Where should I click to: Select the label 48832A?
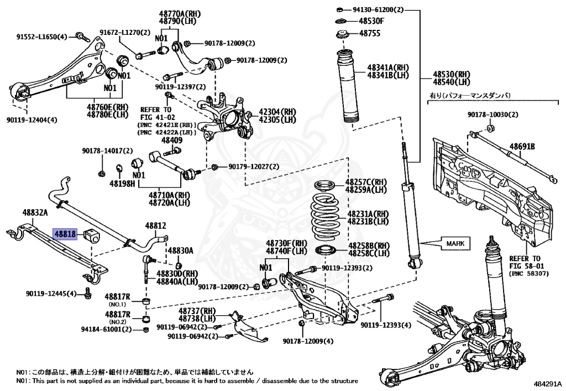pyautogui.click(x=35, y=212)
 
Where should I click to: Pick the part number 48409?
pyautogui.click(x=171, y=140)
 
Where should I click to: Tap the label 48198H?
pyautogui.click(x=122, y=183)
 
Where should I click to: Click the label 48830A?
pyautogui.click(x=181, y=251)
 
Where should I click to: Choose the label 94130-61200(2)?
pyautogui.click(x=378, y=10)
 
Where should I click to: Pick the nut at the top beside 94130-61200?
pyautogui.click(x=341, y=10)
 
